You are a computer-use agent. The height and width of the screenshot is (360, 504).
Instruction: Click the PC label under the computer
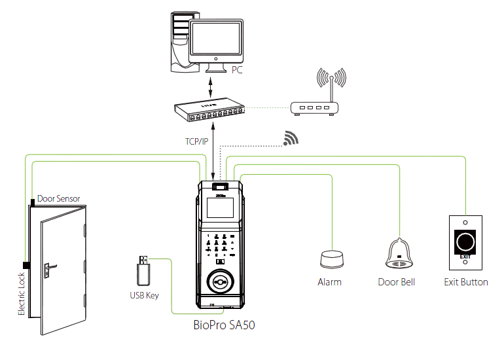[236, 68]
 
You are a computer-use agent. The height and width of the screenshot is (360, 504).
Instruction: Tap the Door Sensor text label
[58, 198]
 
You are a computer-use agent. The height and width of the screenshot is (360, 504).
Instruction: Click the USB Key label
[144, 295]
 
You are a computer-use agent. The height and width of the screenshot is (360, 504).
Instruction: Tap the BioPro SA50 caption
[223, 324]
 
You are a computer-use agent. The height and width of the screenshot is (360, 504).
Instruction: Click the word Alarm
[329, 282]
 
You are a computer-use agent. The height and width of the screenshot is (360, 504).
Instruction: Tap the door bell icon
[397, 253]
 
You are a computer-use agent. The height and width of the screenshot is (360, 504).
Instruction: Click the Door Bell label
[397, 282]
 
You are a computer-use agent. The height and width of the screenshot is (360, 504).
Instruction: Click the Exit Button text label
[465, 282]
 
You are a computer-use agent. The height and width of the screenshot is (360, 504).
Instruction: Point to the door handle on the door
[50, 267]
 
